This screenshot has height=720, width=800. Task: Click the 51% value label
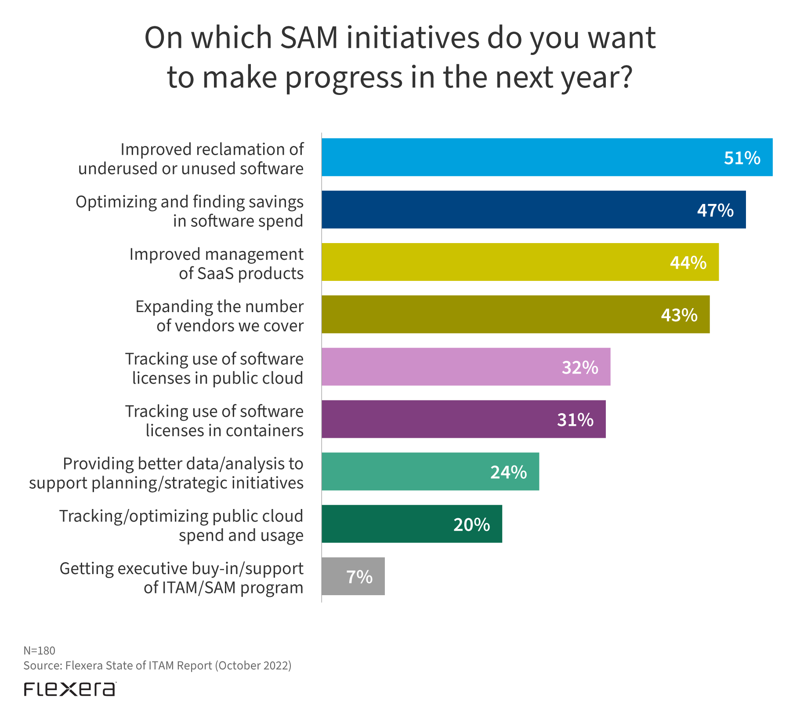pos(742,158)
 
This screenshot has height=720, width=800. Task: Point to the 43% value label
pos(679,315)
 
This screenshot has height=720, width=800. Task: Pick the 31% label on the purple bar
pos(575,420)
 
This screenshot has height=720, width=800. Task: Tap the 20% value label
pos(471,524)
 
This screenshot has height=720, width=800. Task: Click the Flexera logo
pos(70,689)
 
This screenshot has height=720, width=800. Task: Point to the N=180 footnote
pos(39,651)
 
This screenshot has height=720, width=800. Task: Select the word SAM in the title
pos(309,38)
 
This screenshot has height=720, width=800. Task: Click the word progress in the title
pos(344,78)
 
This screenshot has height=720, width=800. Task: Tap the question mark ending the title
pos(624,77)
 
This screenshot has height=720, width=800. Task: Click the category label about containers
pos(214,421)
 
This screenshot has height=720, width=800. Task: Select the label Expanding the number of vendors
pos(219,316)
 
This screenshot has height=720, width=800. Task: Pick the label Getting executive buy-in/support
pos(181,578)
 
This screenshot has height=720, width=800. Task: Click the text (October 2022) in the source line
pos(253,665)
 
